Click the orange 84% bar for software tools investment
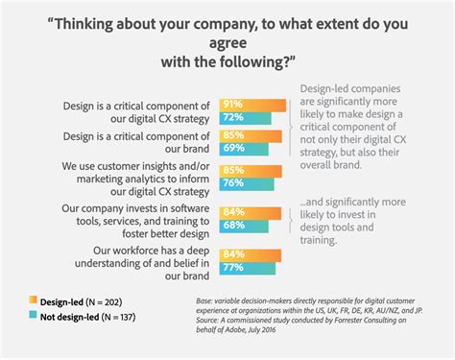246,210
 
